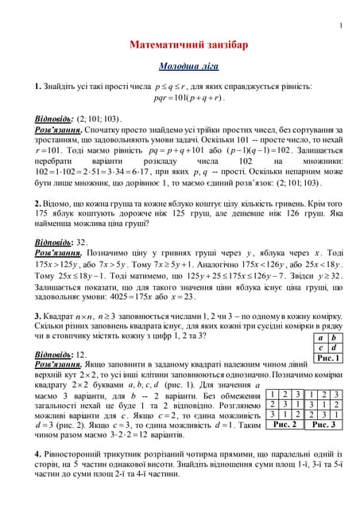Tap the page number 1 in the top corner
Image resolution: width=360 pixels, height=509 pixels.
tap(340, 26)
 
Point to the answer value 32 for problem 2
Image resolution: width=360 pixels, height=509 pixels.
tap(82, 243)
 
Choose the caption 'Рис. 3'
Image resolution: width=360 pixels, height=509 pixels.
tap(323, 425)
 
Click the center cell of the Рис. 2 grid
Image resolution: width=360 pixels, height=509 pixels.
tap(284, 404)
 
